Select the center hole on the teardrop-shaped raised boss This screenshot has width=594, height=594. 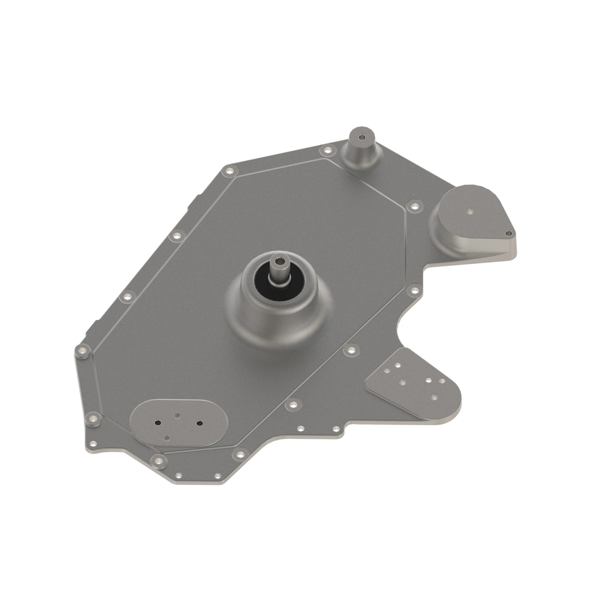(470, 211)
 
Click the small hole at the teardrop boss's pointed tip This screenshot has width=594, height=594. (508, 233)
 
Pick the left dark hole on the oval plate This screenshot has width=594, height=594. (158, 422)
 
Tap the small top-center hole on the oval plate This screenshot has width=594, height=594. (177, 416)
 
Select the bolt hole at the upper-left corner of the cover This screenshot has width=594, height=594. (229, 171)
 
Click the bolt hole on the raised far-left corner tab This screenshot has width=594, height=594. (82, 350)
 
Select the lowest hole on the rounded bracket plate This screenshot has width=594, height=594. (434, 397)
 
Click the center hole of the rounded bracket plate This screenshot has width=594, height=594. (402, 382)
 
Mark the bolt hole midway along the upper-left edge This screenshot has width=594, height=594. (176, 236)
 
